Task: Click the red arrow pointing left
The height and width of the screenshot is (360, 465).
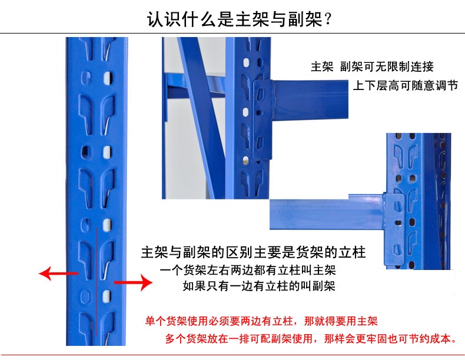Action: point(58,273)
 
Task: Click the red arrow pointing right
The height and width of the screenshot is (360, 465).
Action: point(134,283)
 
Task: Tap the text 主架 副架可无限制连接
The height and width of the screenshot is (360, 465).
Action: point(372,66)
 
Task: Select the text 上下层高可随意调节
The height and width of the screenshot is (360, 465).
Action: point(406,85)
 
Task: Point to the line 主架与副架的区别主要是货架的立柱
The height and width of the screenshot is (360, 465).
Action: point(253,252)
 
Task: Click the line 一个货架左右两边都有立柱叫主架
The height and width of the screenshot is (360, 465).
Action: point(248,270)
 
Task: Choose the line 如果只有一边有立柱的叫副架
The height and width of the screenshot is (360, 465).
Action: point(259,286)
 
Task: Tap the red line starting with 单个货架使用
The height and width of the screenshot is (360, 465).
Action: point(261,321)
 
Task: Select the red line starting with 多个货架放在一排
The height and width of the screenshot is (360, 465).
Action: point(311,338)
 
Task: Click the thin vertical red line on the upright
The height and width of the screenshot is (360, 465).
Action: point(97,282)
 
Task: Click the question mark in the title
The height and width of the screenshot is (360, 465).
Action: point(328,20)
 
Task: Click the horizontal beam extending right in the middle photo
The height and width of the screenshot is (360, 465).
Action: point(310,99)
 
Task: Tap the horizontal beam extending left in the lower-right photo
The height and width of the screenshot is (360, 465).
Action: point(326,213)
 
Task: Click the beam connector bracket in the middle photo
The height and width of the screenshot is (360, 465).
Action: point(263,120)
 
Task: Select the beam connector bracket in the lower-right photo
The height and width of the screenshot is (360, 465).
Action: point(394,229)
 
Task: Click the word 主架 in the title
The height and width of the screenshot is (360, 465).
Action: point(245,19)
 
